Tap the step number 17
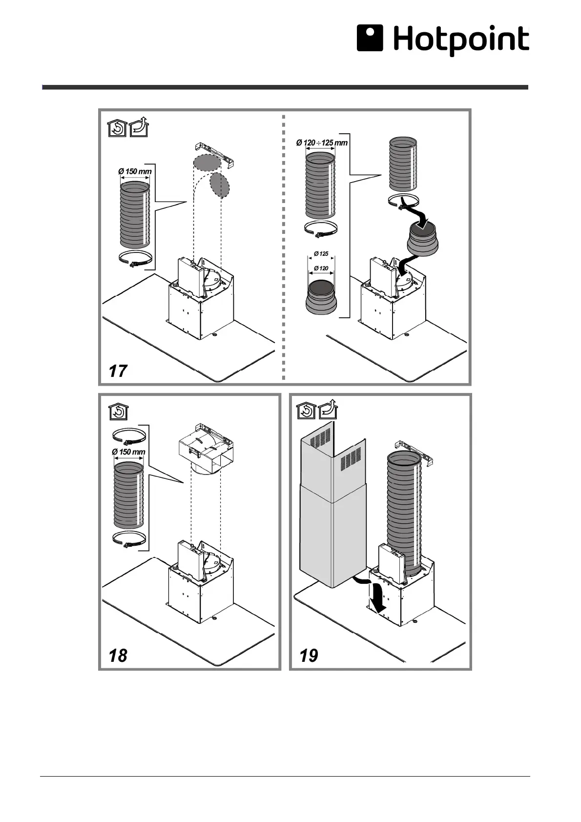(118, 370)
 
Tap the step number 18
(118, 655)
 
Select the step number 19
(309, 655)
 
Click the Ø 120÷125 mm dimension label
(322, 143)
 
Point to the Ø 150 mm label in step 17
(135, 171)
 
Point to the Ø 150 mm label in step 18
(128, 452)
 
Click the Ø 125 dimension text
(321, 254)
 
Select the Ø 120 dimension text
(321, 268)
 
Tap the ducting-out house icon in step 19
(329, 410)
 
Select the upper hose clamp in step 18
(129, 436)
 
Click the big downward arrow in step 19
(377, 597)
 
